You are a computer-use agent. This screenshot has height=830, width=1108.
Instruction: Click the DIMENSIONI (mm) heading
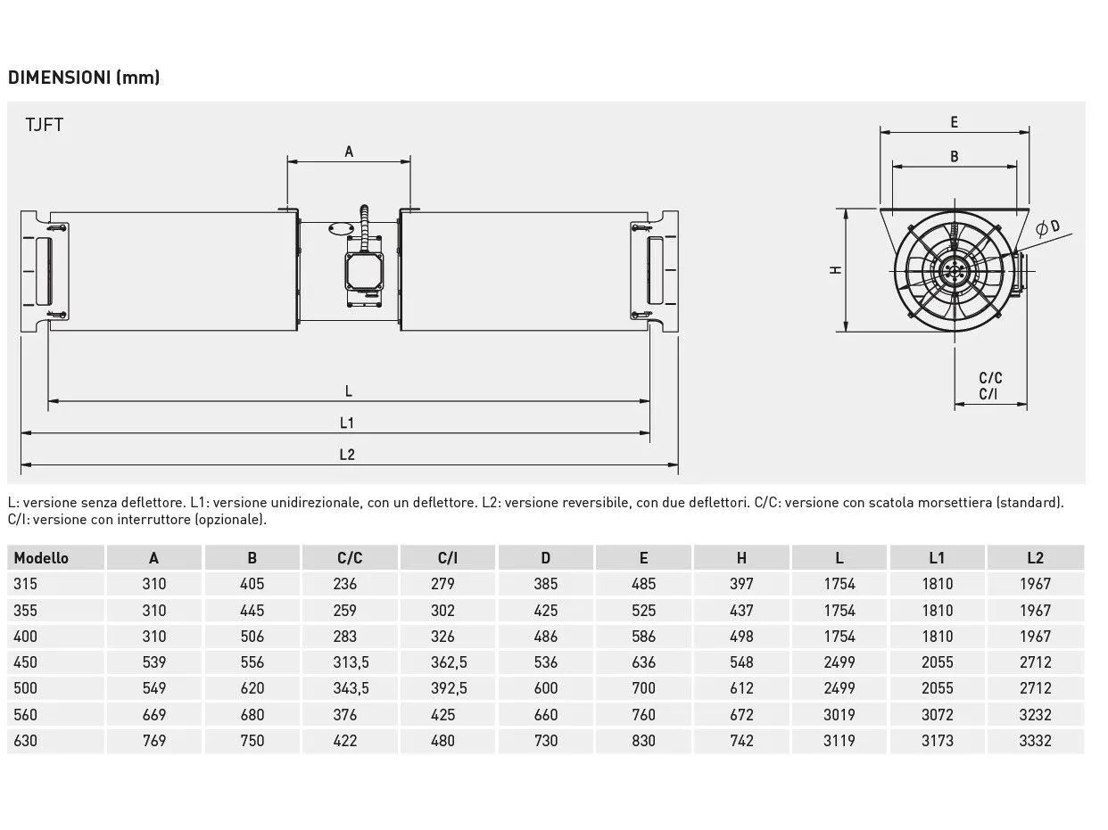click(84, 78)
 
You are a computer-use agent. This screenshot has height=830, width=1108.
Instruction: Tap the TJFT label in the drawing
click(45, 125)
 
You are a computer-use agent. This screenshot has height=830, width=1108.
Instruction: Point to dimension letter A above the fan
click(349, 152)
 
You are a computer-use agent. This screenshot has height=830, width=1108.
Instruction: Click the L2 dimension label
click(347, 455)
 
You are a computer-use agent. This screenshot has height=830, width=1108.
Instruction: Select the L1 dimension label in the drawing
click(347, 423)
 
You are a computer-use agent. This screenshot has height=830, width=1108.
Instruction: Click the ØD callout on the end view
click(1047, 228)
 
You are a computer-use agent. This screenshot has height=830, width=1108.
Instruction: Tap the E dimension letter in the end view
click(954, 122)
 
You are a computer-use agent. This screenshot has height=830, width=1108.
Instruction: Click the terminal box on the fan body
click(364, 271)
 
